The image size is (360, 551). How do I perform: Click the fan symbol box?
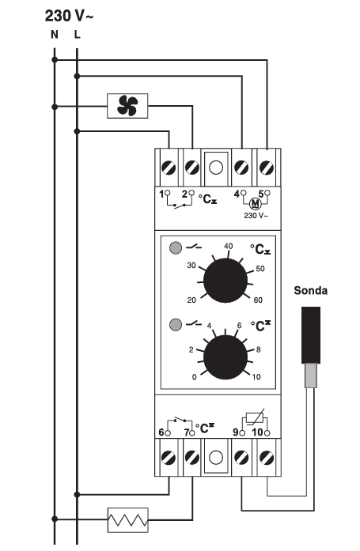tap(127, 106)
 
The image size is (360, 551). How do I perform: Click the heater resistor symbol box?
tap(127, 519)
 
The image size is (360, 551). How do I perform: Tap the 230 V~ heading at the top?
tap(69, 16)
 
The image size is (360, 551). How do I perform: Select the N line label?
tap(54, 35)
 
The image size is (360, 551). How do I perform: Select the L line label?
tap(77, 35)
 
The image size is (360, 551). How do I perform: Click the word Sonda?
tap(310, 291)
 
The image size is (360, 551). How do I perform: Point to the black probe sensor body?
tap(311, 335)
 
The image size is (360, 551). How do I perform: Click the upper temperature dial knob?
tap(225, 281)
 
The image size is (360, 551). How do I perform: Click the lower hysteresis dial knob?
tap(225, 357)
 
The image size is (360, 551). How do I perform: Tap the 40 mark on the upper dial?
tap(228, 246)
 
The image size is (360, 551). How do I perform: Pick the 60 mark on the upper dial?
tap(258, 300)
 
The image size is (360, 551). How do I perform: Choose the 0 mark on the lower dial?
tap(195, 377)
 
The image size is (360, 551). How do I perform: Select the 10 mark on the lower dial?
tap(256, 377)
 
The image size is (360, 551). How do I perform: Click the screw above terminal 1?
tap(169, 168)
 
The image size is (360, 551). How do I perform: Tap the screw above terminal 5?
tap(267, 168)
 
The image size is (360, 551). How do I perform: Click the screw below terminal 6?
tap(169, 458)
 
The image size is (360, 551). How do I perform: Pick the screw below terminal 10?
tap(267, 458)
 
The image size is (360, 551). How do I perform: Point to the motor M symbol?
tap(255, 204)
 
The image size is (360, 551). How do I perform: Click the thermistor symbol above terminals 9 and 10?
tap(256, 418)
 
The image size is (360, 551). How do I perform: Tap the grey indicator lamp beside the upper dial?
tap(176, 247)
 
